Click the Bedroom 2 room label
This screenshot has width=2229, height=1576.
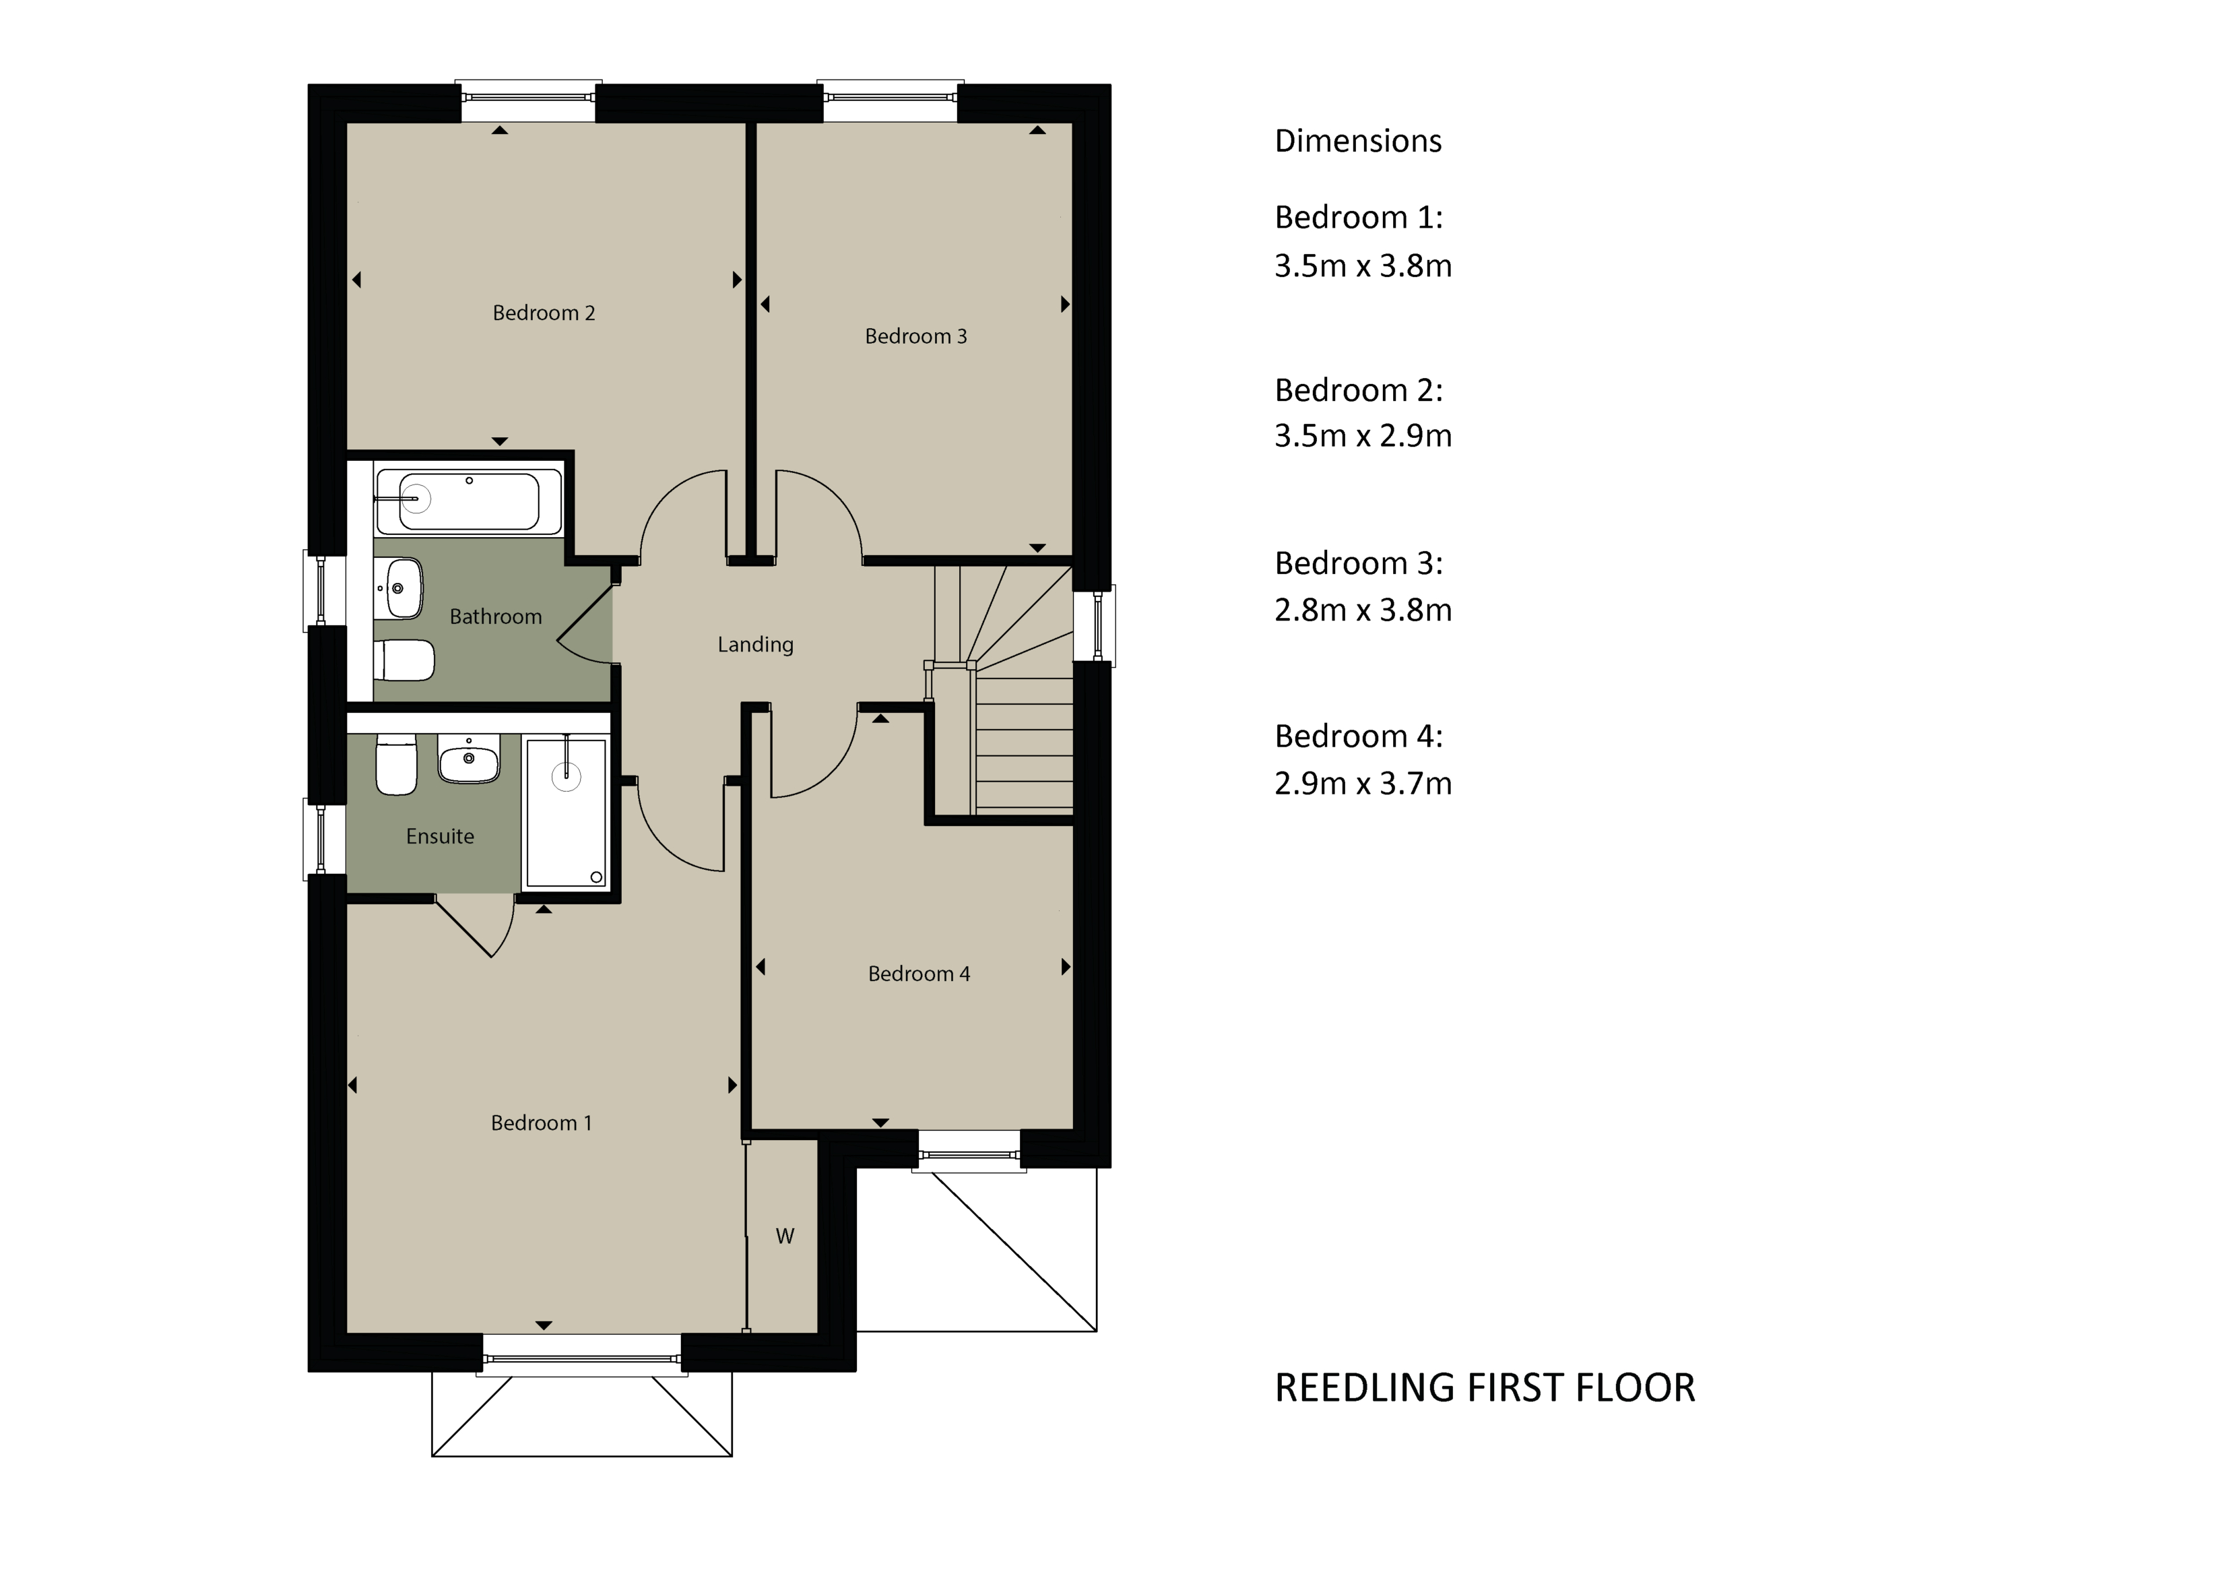pos(544,313)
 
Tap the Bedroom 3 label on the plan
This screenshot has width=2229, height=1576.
pos(915,336)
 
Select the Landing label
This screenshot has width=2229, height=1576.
pos(755,645)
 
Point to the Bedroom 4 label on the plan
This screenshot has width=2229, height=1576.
pos(918,974)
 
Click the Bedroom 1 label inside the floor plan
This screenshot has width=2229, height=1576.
pos(541,1123)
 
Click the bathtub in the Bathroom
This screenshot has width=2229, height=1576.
pos(469,501)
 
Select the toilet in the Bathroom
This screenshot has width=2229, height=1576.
pos(404,660)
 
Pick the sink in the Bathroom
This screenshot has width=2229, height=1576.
pos(399,588)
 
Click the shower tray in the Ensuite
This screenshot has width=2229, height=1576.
pos(566,812)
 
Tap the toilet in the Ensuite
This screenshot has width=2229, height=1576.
pos(396,764)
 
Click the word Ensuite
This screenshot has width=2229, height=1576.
pos(440,836)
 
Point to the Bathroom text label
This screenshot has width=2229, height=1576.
pos(495,617)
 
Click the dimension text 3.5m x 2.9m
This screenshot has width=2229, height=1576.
pos(1363,436)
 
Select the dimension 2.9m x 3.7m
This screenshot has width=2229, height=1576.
pos(1363,783)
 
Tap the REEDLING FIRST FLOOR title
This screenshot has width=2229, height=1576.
pos(1485,1387)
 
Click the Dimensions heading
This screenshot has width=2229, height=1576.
pos(1358,141)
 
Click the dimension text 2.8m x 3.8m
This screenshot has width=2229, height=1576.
pos(1363,610)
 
